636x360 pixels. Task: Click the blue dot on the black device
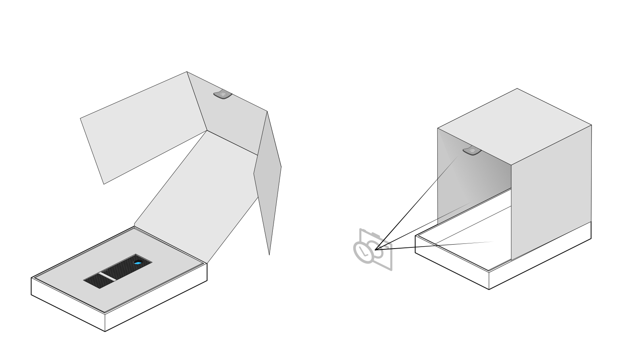point(138,263)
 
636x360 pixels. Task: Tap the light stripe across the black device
point(107,276)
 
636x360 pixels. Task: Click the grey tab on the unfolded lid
point(222,94)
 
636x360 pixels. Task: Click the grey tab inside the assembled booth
point(472,151)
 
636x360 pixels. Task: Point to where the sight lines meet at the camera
point(375,249)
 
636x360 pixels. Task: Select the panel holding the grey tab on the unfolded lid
point(234,119)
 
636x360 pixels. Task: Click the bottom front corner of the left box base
point(105,331)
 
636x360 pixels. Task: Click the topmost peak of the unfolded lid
point(187,72)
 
